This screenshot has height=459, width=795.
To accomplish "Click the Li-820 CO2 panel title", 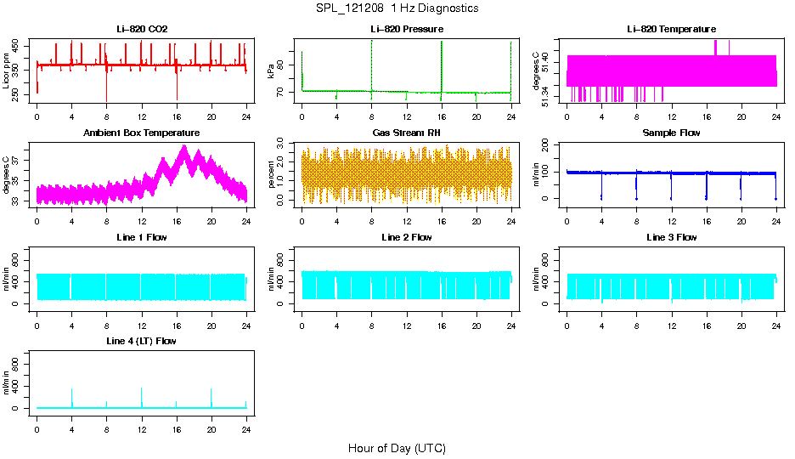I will click(142, 30).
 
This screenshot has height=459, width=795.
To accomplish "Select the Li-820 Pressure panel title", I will click(406, 30).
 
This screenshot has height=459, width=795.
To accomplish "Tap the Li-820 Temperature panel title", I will click(671, 30).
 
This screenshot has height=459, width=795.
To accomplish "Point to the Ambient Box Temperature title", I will click(142, 133).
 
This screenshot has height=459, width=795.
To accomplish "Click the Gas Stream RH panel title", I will click(406, 133).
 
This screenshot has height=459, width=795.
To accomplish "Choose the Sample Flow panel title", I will click(671, 133).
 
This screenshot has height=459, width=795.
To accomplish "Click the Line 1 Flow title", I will click(142, 237).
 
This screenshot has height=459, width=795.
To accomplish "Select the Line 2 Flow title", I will click(406, 237).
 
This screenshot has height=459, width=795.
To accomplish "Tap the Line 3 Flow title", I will click(671, 237).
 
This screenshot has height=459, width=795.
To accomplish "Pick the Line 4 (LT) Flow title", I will click(142, 341).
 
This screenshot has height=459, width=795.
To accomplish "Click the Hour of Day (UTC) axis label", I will click(397, 448).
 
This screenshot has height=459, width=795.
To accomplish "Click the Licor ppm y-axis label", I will click(7, 72).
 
